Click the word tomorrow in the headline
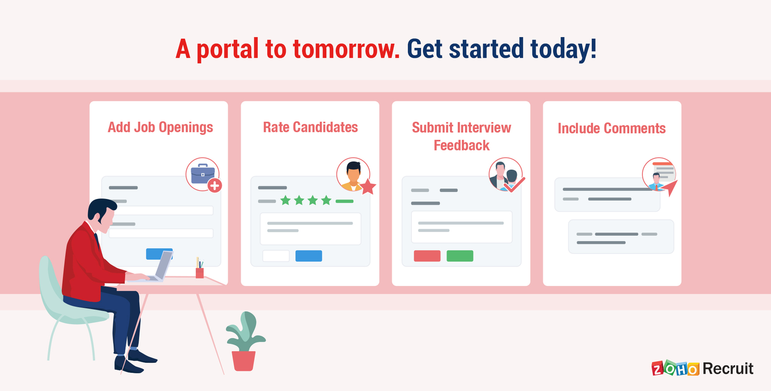coord(346,49)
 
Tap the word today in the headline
coord(563,49)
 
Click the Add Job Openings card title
coord(160,128)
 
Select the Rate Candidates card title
coord(310,128)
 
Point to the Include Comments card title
coord(612,129)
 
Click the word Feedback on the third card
coord(462,146)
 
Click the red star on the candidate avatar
coord(368,186)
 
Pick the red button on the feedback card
coord(427,256)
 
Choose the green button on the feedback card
coord(460,256)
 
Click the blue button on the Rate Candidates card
coord(309,256)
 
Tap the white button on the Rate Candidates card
coord(276,256)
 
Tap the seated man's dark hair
coord(100,208)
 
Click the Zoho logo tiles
coord(675,369)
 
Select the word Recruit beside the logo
coord(728,369)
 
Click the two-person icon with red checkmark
coord(506,174)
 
